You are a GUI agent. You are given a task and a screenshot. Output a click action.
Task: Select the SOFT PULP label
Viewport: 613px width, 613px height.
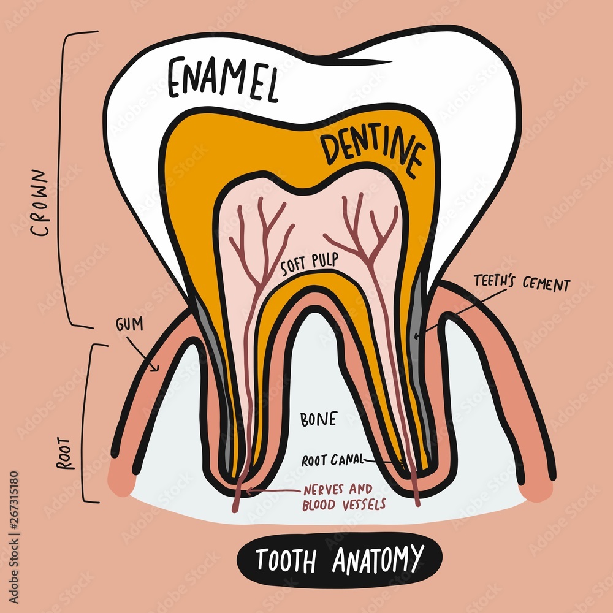[310, 265]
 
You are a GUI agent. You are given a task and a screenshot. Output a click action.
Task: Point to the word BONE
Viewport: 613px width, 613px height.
[318, 419]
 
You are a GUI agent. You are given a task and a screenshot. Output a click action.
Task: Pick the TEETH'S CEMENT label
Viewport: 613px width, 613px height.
[521, 284]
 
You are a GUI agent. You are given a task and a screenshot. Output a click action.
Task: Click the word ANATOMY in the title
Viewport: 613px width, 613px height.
[378, 558]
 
